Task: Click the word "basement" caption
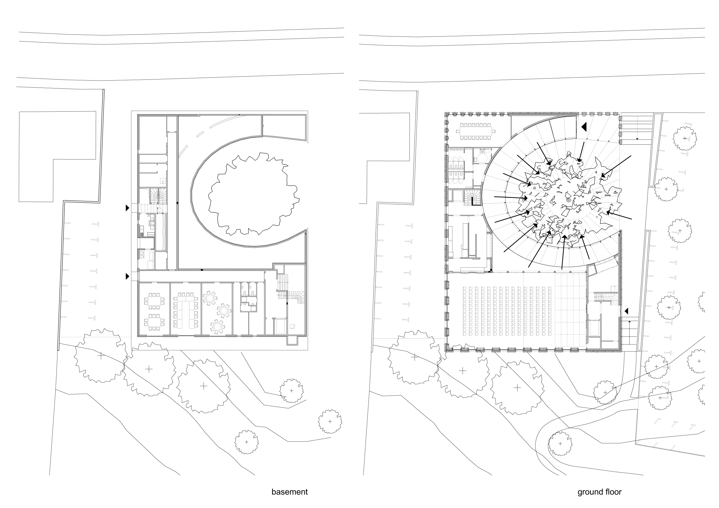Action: (x=289, y=492)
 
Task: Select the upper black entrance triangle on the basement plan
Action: (x=127, y=208)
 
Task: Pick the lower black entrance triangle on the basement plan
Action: (x=127, y=276)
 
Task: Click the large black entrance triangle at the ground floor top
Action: (x=584, y=127)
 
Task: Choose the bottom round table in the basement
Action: (x=218, y=327)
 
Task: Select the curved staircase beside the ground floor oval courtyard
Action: (x=472, y=199)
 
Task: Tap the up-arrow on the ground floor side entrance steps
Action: (x=629, y=332)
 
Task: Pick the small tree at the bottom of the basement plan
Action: (x=247, y=442)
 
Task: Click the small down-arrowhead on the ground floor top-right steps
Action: (x=637, y=139)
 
